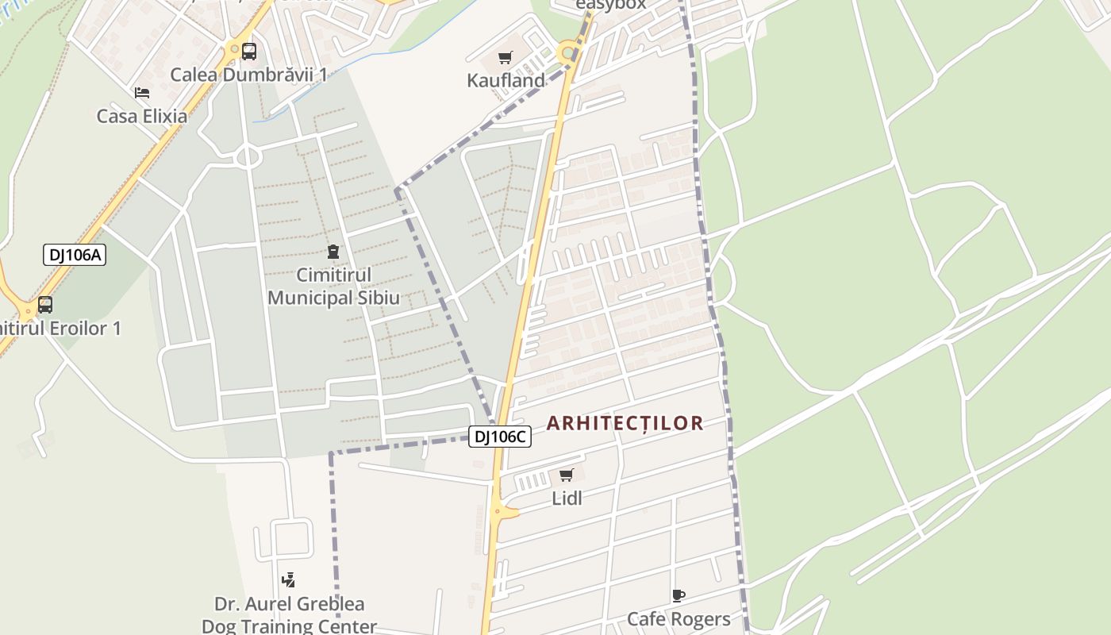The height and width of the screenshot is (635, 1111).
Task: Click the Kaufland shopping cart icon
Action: [505, 57]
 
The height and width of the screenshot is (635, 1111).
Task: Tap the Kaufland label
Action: [506, 80]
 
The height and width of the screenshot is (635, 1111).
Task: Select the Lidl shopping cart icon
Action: [566, 475]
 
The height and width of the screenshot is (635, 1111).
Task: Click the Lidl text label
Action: [567, 498]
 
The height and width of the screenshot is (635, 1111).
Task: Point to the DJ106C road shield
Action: [499, 436]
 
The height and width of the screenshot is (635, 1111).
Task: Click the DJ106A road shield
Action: [74, 255]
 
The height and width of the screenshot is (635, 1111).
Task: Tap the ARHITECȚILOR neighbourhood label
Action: [625, 423]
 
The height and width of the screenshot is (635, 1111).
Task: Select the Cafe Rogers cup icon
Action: [678, 595]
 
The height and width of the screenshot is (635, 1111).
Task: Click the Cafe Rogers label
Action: [679, 619]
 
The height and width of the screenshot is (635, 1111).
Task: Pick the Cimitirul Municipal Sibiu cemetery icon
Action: [333, 252]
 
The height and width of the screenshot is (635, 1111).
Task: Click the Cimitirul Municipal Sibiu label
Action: [333, 287]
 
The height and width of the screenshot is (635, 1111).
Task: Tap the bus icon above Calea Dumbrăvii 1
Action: [248, 52]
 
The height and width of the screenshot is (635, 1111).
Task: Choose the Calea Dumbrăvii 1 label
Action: [249, 75]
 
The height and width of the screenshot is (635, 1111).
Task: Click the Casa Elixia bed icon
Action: [142, 93]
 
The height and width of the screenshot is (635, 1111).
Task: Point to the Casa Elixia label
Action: [142, 116]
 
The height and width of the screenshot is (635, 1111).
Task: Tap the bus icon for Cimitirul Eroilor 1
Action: [45, 305]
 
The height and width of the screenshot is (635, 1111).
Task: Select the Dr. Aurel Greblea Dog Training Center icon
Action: [289, 580]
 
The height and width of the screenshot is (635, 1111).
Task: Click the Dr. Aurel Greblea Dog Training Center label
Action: [289, 615]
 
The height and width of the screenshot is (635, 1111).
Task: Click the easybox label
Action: [610, 5]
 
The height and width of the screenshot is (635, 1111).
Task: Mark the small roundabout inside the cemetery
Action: [248, 157]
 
